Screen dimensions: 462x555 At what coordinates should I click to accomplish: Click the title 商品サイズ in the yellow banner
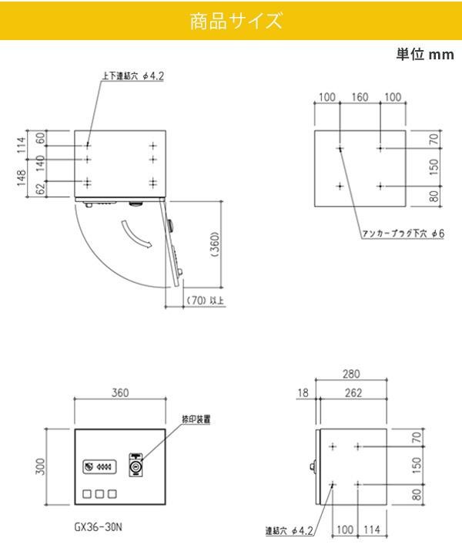point(236,21)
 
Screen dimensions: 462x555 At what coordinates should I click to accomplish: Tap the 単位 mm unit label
point(425,55)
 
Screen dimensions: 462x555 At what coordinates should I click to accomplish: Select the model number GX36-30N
point(99,527)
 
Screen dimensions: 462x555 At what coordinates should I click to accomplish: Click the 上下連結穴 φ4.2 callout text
point(133,76)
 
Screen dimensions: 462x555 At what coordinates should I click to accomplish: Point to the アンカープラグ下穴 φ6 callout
point(403,234)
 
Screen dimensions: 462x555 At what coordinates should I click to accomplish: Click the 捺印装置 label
point(196,419)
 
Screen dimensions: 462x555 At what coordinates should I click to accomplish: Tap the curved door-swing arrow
point(136,234)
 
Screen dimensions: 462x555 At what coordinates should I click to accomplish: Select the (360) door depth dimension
point(216,244)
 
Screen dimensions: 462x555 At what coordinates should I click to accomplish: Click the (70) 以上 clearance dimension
point(206,301)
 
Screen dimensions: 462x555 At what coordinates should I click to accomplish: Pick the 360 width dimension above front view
point(120,392)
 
